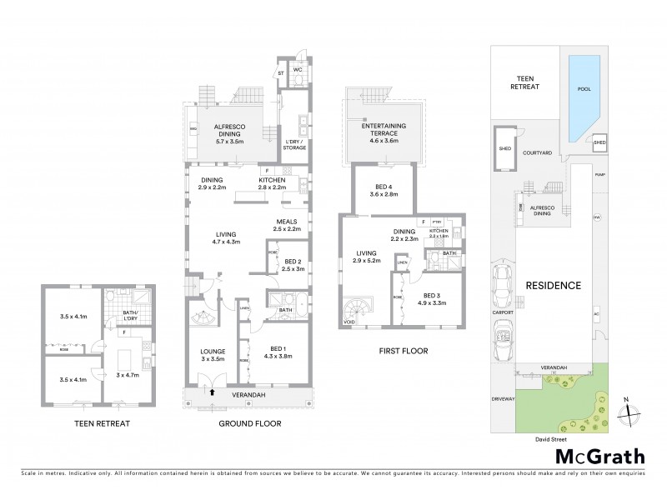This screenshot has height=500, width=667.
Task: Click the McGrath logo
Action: click(600, 456)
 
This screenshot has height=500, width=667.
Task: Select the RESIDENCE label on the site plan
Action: click(553, 285)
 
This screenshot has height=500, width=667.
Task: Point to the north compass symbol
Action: click(631, 410)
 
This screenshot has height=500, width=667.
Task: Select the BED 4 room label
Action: click(384, 190)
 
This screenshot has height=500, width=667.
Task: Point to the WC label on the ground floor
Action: click(297, 70)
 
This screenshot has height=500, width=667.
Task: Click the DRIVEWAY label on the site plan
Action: click(503, 398)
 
